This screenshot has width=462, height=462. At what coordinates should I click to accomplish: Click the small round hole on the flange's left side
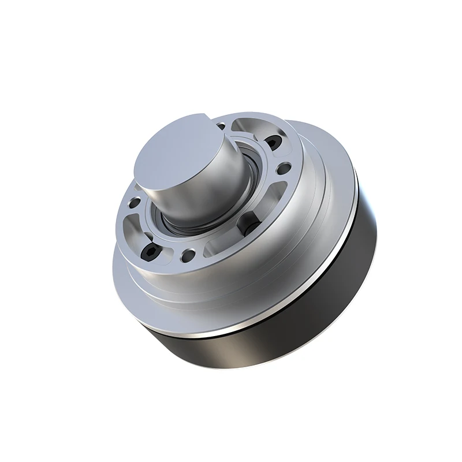click(x=134, y=203)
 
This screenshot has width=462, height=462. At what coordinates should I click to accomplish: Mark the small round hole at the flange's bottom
click(x=188, y=254)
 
